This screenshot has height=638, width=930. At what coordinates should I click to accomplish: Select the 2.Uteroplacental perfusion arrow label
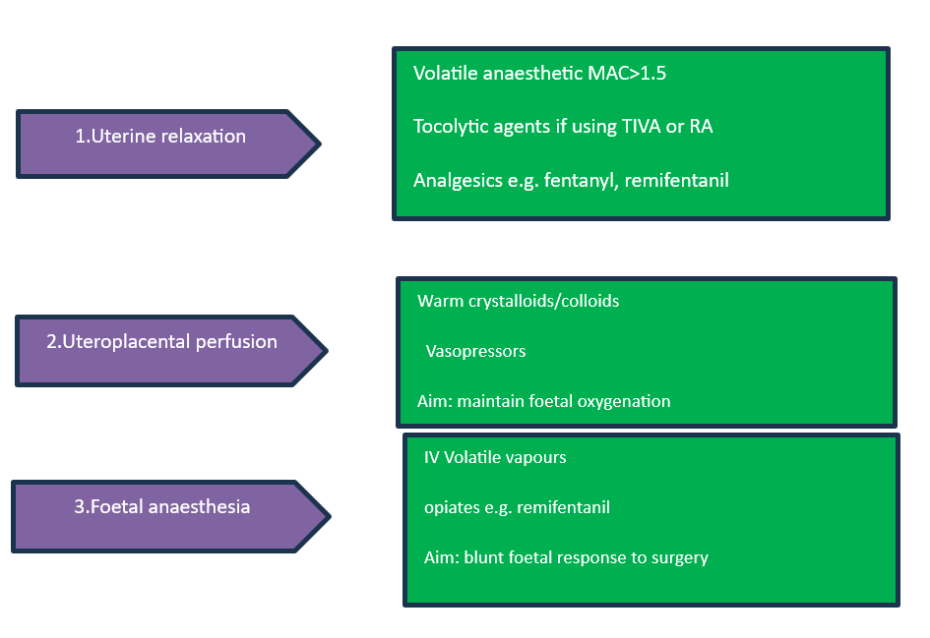click(161, 342)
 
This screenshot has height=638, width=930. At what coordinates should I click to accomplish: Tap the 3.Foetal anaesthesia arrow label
click(161, 507)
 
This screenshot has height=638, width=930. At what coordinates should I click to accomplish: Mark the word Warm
click(439, 301)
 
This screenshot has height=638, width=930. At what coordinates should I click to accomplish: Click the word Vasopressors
click(475, 351)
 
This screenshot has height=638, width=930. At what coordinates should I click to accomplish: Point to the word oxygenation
click(624, 401)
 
